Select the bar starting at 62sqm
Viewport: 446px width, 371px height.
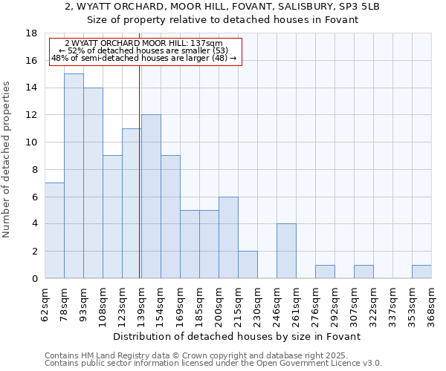click(x=54, y=230)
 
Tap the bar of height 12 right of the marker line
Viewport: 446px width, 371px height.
click(x=151, y=197)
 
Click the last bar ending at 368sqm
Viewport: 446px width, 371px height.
click(x=421, y=272)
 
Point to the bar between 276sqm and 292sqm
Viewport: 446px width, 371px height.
click(x=325, y=272)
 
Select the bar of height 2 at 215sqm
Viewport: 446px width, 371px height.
click(x=248, y=264)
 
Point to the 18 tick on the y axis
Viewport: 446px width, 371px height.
click(x=31, y=34)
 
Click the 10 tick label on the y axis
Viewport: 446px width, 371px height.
click(x=31, y=142)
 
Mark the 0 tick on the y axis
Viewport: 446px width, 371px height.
click(x=34, y=279)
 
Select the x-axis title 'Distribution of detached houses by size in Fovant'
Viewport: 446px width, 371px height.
click(x=238, y=336)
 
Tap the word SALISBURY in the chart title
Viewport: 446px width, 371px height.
click(x=279, y=7)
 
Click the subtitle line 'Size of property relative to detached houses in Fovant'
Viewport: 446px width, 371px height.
click(x=223, y=20)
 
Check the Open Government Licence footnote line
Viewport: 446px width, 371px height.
click(x=213, y=364)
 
